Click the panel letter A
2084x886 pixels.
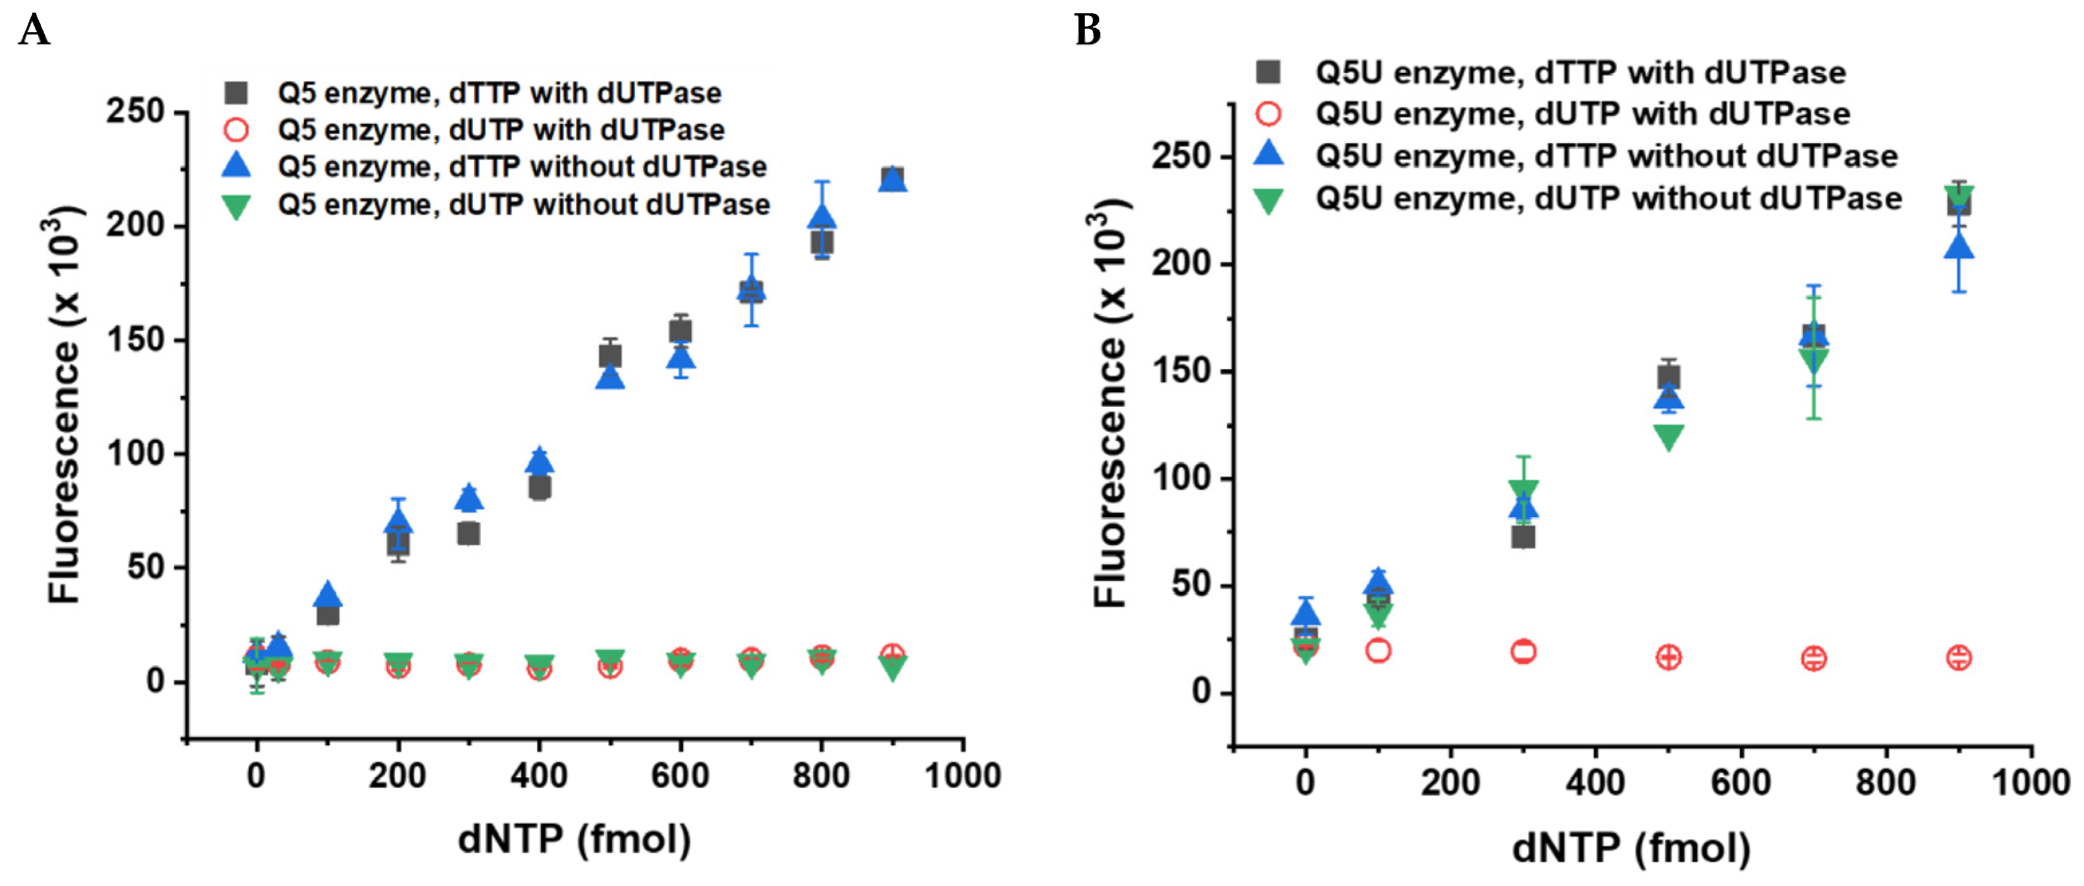[x=33, y=31]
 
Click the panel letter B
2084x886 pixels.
[x=1087, y=31]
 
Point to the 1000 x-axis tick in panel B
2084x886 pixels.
[x=2030, y=783]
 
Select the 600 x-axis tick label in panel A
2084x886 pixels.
[x=680, y=776]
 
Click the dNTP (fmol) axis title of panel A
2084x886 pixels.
[x=575, y=839]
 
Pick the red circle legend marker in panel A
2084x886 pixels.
[x=236, y=129]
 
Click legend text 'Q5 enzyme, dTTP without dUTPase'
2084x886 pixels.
[x=522, y=167]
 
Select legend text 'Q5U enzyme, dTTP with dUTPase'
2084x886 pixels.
[x=1580, y=73]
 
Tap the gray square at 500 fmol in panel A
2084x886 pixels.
[x=610, y=356]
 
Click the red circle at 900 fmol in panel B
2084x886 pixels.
[x=1959, y=657]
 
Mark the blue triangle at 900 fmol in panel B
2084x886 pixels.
[x=1959, y=247]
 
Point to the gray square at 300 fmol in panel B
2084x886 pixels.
[x=1523, y=537]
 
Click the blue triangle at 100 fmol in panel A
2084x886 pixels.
[x=327, y=595]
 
